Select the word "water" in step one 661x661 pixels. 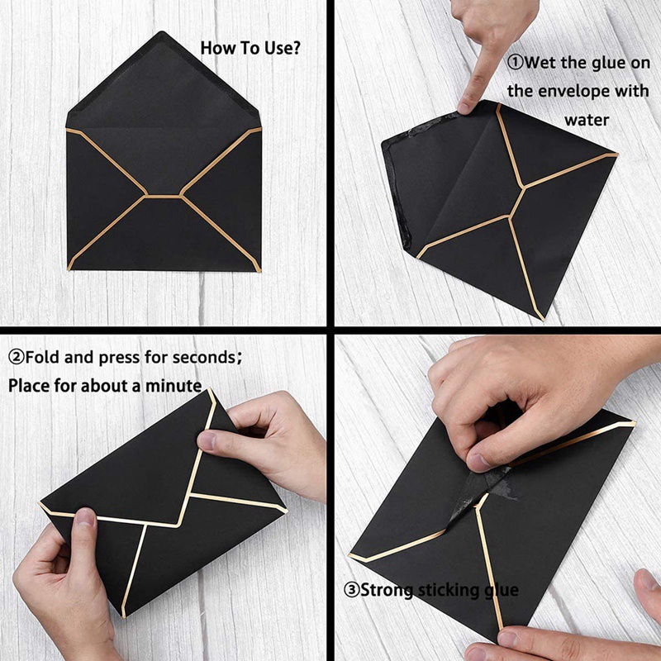(x=587, y=120)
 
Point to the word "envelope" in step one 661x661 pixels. (x=587, y=91)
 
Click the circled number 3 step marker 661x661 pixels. (x=350, y=590)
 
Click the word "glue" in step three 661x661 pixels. (x=501, y=590)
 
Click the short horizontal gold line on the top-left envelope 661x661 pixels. (x=164, y=196)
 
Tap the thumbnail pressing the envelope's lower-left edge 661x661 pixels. (x=84, y=519)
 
